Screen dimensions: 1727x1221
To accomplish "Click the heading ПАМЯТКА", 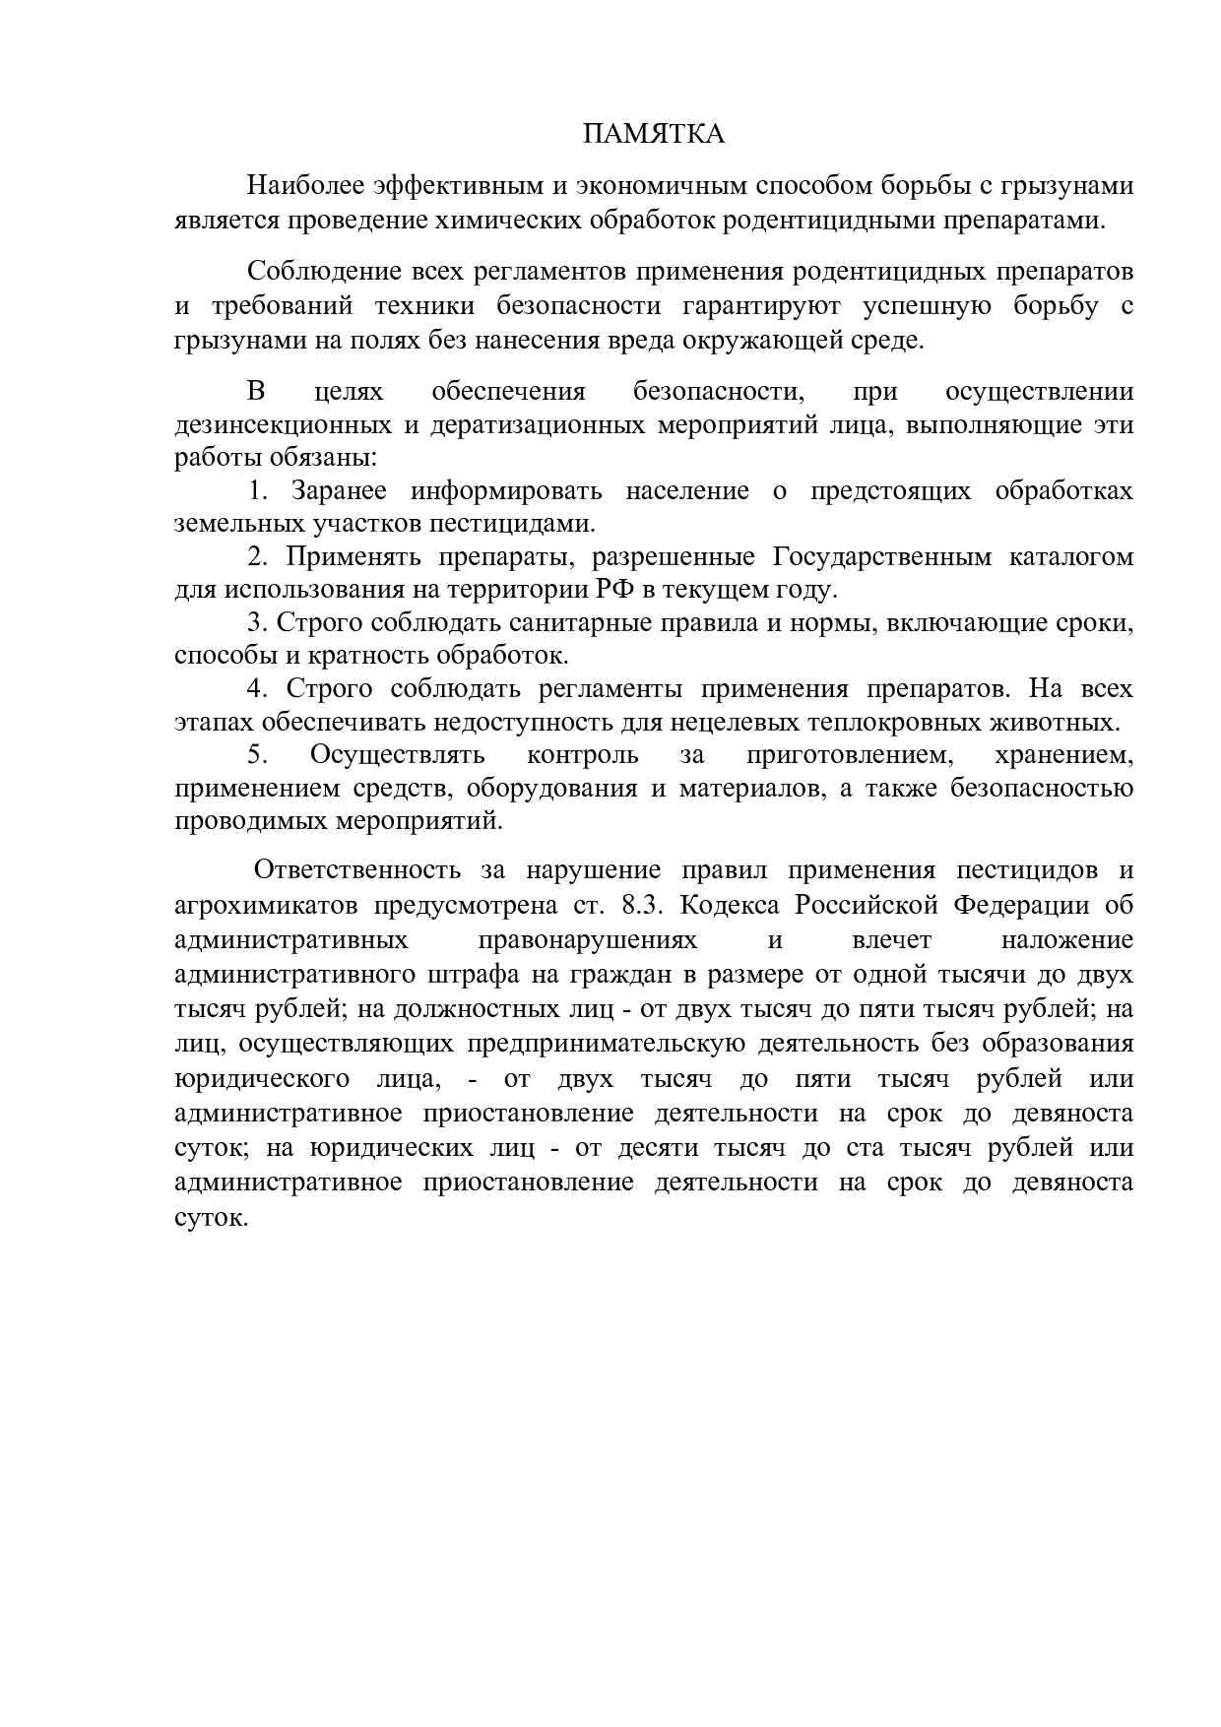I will (654, 134).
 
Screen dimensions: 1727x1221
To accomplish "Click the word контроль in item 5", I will (583, 755).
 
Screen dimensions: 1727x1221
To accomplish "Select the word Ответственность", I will (358, 870).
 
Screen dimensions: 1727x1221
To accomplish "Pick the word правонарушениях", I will (587, 939).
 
